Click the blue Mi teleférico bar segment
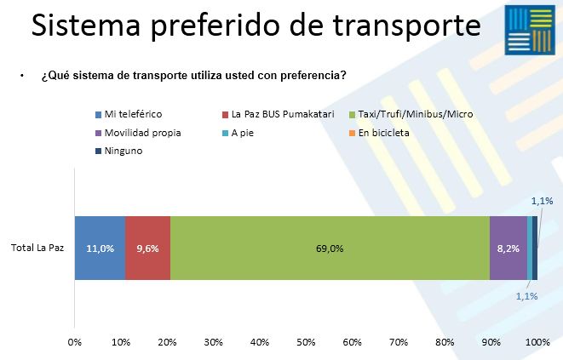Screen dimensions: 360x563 click(x=100, y=248)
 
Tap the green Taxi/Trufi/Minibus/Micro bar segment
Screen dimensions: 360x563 click(x=330, y=235)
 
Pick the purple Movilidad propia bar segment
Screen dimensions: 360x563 click(x=508, y=235)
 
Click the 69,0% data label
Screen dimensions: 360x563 click(x=330, y=249)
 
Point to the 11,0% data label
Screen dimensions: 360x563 click(x=100, y=249)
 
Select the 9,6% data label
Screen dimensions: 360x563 click(x=147, y=249)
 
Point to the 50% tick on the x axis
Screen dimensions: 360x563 click(x=306, y=342)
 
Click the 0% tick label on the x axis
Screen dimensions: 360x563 click(x=74, y=342)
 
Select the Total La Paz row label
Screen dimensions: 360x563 click(x=37, y=249)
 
